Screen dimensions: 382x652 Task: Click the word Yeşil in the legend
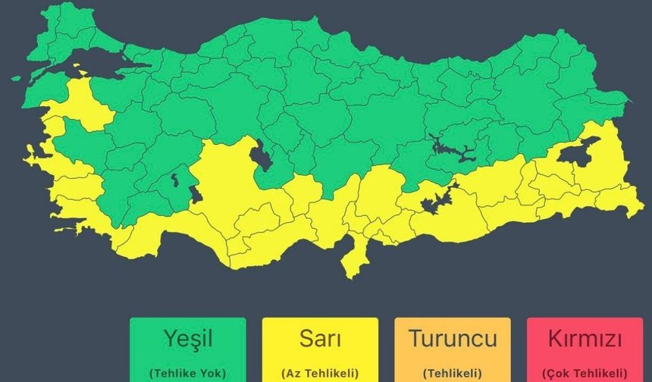click(x=187, y=339)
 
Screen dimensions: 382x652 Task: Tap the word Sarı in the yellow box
click(x=319, y=339)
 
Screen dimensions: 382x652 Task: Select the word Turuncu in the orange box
click(x=453, y=339)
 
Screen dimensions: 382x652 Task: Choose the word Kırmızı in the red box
click(x=585, y=339)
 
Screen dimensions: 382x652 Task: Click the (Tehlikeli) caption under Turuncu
click(x=453, y=373)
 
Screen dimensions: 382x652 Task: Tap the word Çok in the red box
click(x=557, y=373)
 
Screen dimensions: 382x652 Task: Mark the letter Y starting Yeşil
click(x=168, y=339)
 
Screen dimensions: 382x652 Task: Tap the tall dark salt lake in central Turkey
click(x=262, y=155)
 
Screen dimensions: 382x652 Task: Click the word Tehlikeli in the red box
click(x=597, y=373)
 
